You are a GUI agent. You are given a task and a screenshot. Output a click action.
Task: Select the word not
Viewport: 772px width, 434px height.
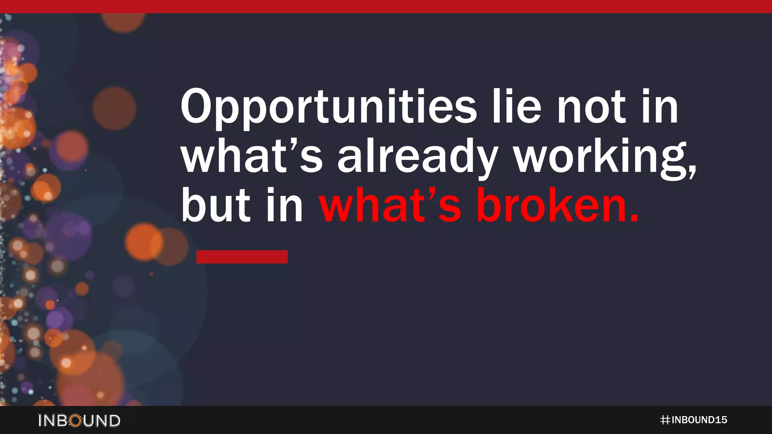pyautogui.click(x=592, y=107)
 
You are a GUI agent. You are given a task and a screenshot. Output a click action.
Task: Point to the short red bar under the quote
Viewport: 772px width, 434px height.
pyautogui.click(x=242, y=257)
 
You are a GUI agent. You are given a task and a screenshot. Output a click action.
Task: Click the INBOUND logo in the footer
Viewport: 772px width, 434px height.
pyautogui.click(x=79, y=420)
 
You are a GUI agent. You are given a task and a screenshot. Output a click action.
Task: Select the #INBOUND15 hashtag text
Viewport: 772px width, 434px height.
pyautogui.click(x=694, y=420)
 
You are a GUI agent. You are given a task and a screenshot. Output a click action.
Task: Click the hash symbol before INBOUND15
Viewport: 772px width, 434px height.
pyautogui.click(x=665, y=420)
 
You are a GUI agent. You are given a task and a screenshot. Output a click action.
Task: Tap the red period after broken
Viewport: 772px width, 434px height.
pyautogui.click(x=634, y=219)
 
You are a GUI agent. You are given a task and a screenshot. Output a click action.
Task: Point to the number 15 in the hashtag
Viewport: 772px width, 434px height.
pyautogui.click(x=721, y=420)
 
